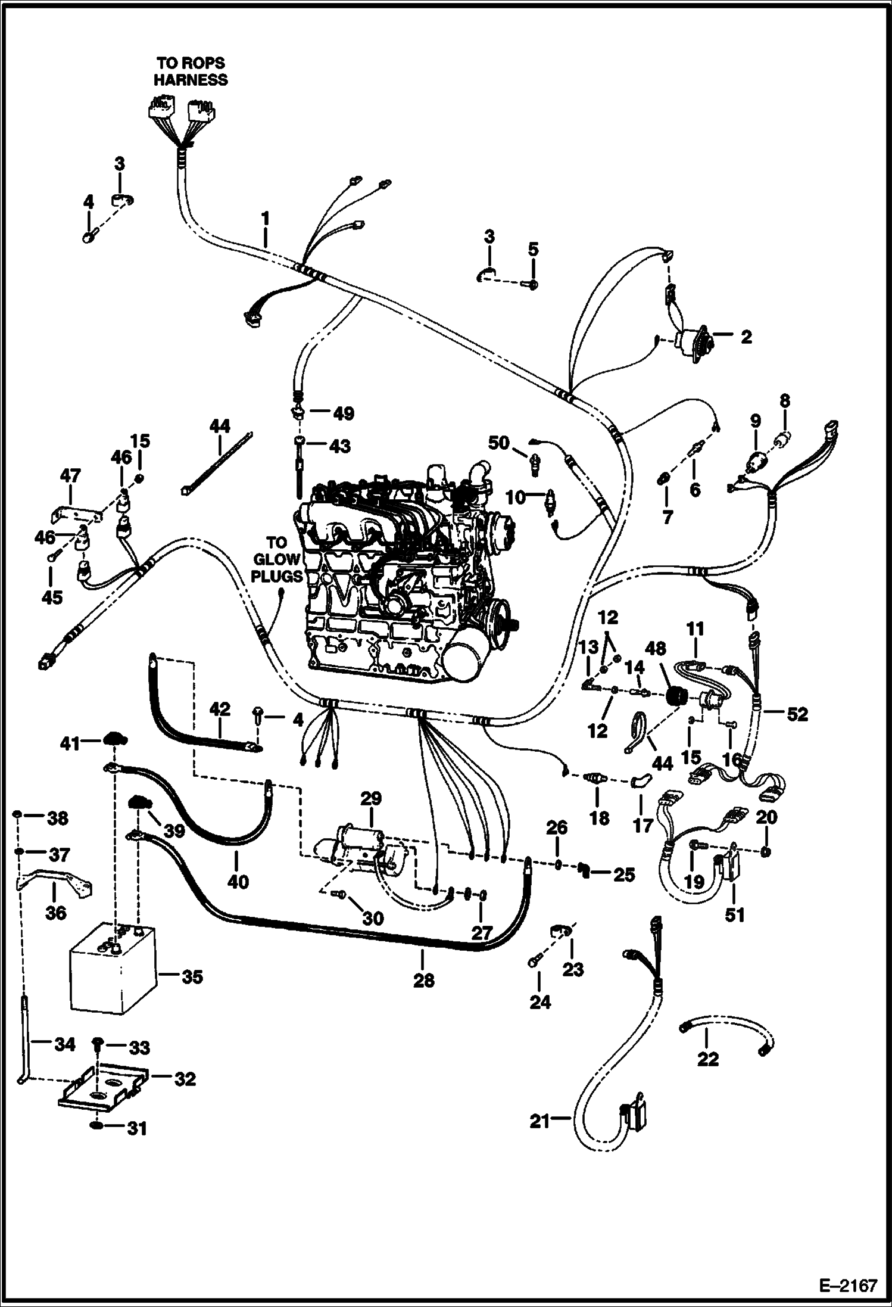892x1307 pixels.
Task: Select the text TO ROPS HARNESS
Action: (191, 71)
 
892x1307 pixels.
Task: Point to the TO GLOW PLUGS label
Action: (276, 560)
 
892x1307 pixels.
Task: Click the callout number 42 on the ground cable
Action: (220, 709)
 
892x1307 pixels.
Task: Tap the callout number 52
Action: (797, 714)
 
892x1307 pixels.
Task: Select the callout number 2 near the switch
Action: (747, 337)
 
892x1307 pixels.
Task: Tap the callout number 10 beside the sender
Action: (516, 496)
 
